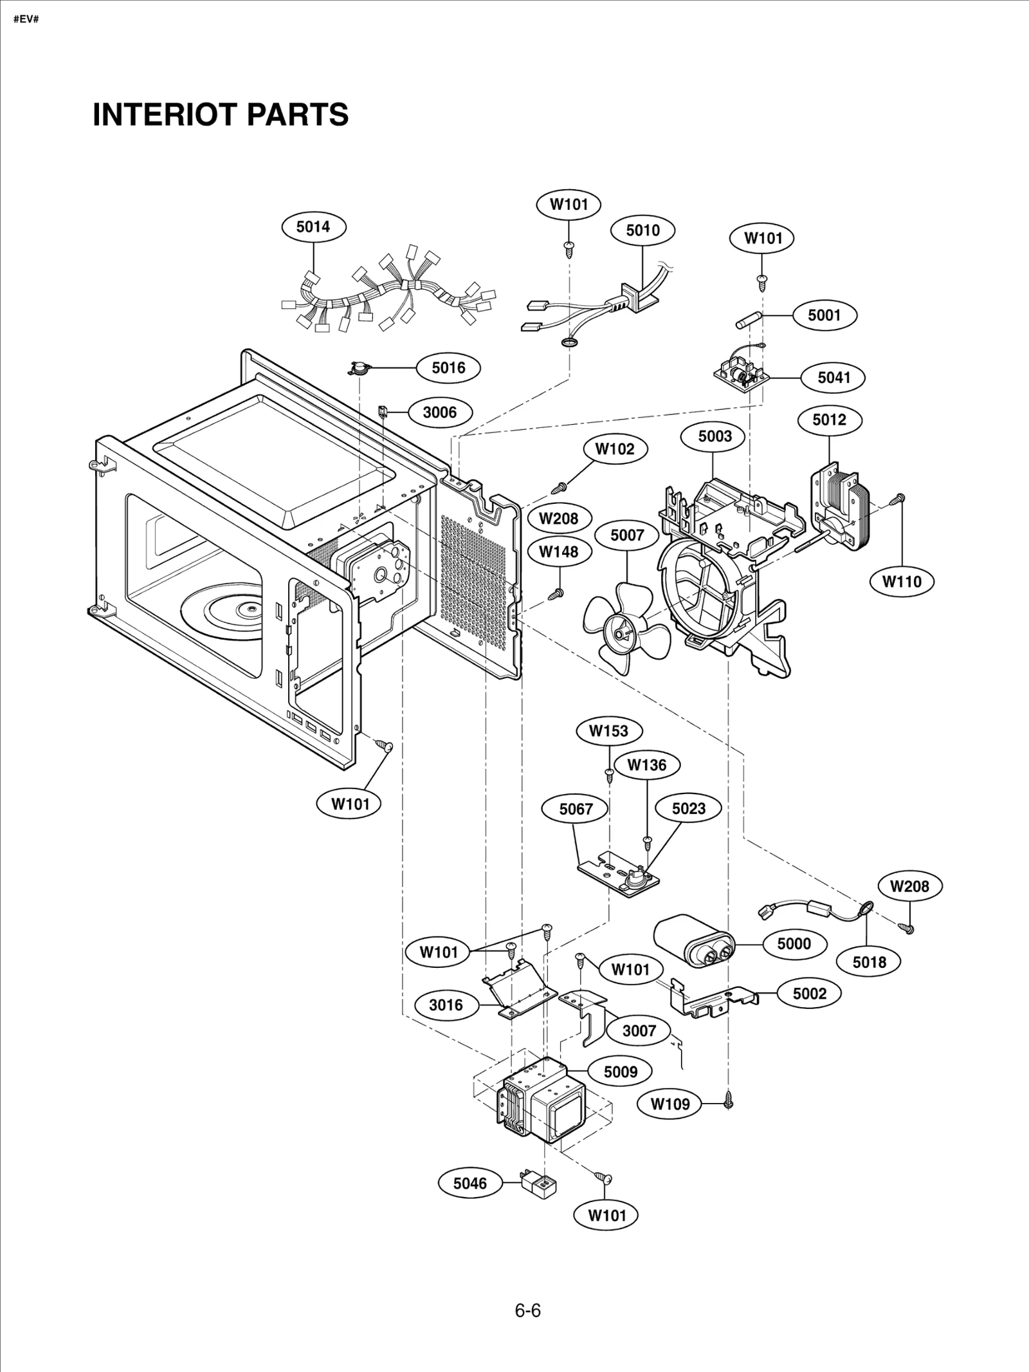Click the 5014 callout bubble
pos(313,227)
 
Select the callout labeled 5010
pos(642,230)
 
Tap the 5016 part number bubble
pos(448,367)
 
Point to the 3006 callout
pos(439,412)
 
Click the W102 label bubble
pos(615,449)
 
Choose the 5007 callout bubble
pos(627,535)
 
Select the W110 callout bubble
pos(902,581)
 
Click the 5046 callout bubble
pos(469,1183)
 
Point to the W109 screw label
pos(669,1104)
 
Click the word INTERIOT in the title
pos(165,115)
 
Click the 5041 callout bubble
pos(833,377)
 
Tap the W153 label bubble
pos(608,730)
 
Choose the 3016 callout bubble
pos(446,1005)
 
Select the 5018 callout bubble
pos(869,962)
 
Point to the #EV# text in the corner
pos(26,19)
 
